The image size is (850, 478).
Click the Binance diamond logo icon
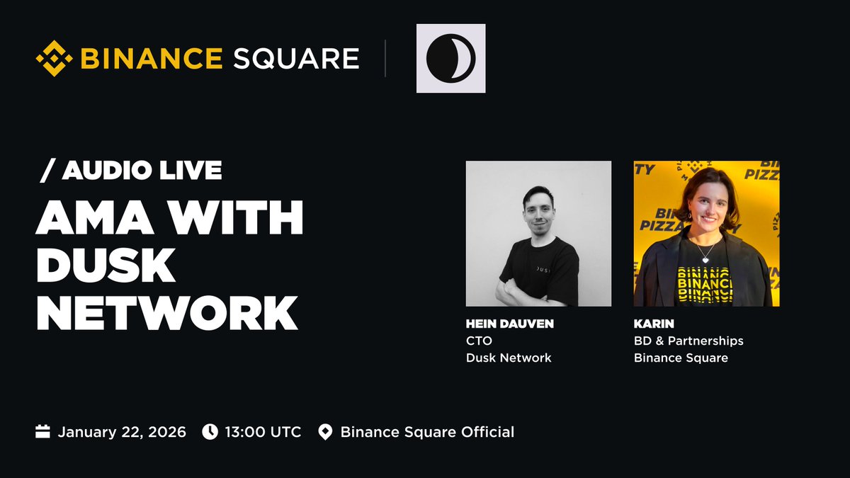55,58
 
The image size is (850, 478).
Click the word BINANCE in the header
151,58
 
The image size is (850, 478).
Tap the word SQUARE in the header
296,58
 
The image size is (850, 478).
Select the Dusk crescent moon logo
450,58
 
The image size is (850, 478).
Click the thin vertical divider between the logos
385,58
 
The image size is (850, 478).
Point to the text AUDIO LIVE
142,170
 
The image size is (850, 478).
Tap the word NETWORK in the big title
167,312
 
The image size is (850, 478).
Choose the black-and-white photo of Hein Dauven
538,234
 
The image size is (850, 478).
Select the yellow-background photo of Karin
706,234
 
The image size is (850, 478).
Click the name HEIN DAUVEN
509,324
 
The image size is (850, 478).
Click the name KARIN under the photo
653,324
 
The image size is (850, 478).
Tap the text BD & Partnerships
688,341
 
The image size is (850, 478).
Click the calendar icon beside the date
43,432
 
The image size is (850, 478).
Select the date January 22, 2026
122,432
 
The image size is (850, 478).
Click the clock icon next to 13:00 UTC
210,432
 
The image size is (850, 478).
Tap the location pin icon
325,432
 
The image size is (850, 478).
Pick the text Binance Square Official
427,432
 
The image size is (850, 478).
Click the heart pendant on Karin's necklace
705,259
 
